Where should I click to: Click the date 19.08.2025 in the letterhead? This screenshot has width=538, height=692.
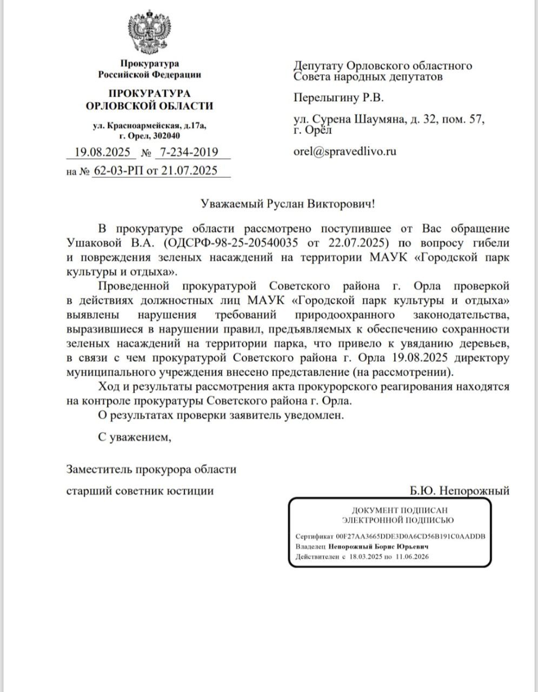(x=99, y=152)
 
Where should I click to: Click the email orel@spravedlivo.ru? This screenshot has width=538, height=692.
(x=344, y=151)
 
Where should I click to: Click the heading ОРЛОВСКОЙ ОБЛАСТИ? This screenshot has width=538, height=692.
(x=149, y=106)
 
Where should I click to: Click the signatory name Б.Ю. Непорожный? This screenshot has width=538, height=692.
(x=460, y=491)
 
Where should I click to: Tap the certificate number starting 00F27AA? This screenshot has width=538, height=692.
(x=410, y=536)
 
